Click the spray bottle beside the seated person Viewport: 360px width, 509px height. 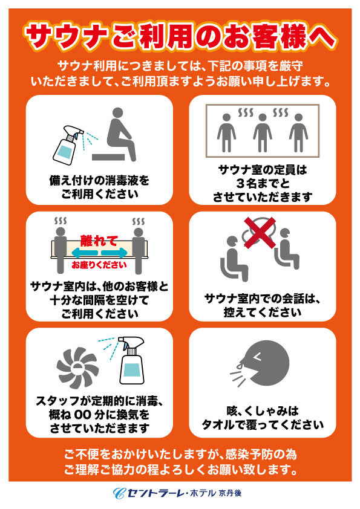[68, 144]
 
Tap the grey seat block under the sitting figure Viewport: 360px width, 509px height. [108, 157]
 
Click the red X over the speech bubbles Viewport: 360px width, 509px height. [260, 233]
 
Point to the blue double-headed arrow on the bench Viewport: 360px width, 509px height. [99, 252]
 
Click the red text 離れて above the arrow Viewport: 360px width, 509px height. [99, 241]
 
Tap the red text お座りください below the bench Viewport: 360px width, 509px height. [99, 265]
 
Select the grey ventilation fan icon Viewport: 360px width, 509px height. [77, 368]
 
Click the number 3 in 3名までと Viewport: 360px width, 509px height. [240, 184]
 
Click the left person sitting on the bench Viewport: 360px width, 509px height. [61, 250]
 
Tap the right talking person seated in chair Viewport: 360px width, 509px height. [286, 248]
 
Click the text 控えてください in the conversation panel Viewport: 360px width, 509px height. [263, 313]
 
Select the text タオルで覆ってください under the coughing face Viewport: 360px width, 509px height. [263, 425]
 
